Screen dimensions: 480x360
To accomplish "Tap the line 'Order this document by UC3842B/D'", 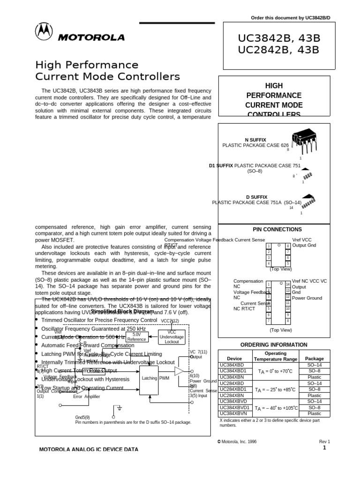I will pos(291,18).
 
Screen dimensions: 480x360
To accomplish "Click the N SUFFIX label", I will pos(255,140).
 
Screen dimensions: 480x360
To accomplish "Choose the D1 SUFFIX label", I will pos(221,166).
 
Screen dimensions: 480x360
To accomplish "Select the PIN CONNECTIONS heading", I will pos(277,230).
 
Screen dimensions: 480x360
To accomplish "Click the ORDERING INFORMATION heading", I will pos(274,345).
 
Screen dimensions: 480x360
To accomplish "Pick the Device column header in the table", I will pos(234,359).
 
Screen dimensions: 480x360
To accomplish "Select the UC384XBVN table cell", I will pos(233,413).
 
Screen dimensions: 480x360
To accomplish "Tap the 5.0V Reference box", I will pos(136,337).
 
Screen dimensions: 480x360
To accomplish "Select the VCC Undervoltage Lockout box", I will pos(172,337).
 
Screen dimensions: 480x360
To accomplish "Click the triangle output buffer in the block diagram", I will pos(179,371).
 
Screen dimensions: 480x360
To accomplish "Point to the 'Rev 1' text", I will pos(325,442).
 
